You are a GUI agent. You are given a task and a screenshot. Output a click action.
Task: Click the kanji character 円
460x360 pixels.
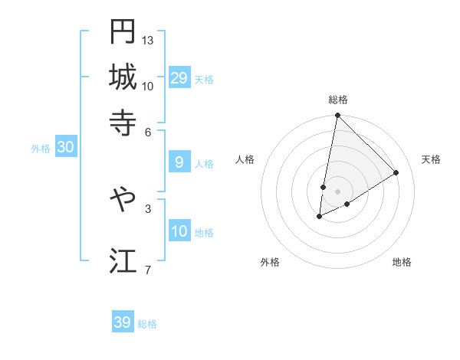123,31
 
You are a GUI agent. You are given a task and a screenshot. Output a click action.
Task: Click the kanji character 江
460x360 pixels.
123,260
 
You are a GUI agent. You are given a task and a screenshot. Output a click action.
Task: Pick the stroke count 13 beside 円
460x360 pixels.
148,39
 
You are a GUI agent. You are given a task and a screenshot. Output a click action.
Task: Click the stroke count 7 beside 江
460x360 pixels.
147,269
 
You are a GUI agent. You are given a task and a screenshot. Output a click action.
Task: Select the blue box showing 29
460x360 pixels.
179,78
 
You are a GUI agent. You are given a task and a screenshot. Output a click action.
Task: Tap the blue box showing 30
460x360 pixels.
65,148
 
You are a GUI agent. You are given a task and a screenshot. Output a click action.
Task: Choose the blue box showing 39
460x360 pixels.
123,322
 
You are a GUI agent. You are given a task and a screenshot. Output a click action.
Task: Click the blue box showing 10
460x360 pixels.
179,232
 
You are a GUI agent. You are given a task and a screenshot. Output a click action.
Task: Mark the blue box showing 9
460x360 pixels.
179,162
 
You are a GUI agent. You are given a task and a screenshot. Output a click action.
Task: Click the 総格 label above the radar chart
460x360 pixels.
338,100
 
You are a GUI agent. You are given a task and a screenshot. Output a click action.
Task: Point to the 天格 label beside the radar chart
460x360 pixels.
431,159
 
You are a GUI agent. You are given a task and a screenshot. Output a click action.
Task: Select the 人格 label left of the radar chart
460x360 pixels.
245,159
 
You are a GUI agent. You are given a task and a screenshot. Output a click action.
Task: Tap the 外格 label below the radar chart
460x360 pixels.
270,262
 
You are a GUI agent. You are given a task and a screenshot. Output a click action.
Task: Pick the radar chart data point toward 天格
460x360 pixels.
396,172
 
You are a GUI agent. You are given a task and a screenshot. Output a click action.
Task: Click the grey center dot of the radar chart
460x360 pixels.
338,191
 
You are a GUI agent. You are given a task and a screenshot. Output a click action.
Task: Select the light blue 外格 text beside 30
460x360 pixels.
40,149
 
